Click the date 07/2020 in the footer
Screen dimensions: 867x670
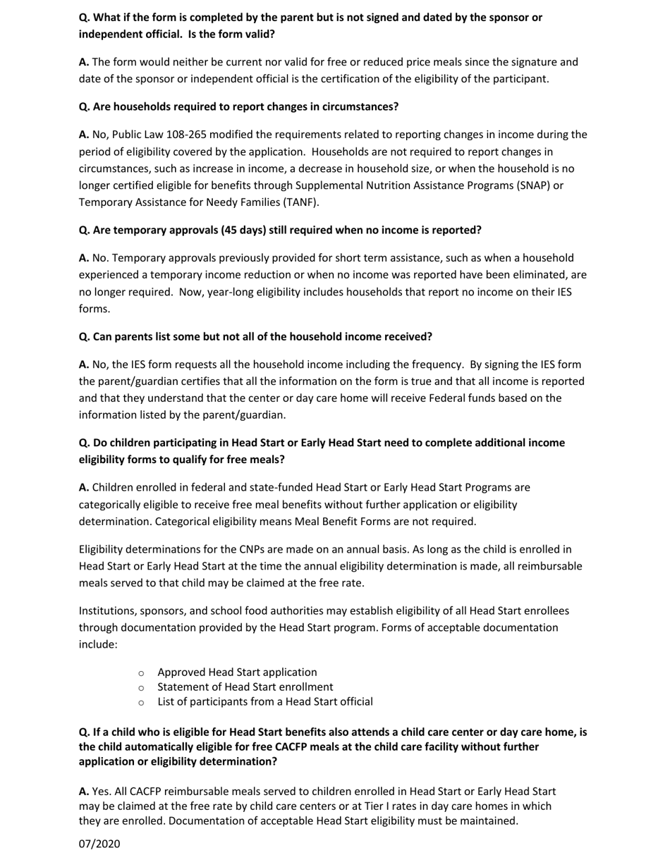(x=99, y=844)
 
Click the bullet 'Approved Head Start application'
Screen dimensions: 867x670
(x=237, y=672)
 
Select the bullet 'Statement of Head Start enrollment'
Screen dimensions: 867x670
(x=245, y=687)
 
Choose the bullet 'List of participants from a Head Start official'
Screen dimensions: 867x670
(x=265, y=701)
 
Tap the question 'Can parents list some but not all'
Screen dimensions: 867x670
(x=255, y=336)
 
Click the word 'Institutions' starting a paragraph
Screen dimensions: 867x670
(x=106, y=610)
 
